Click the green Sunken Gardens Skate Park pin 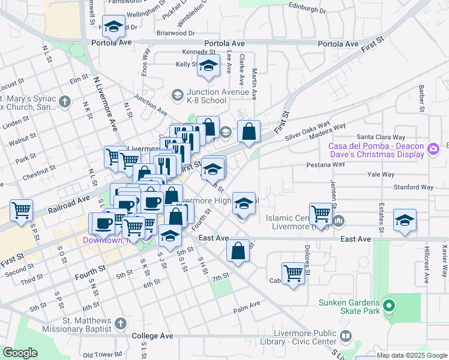pyautogui.click(x=388, y=307)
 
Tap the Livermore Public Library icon pyautogui.click(x=345, y=336)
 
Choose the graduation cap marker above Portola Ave pyautogui.click(x=113, y=26)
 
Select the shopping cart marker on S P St pyautogui.click(x=22, y=211)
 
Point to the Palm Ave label pyautogui.click(x=247, y=305)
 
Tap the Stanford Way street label pyautogui.click(x=414, y=187)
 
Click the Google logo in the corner pyautogui.click(x=20, y=353)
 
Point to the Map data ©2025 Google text pyautogui.click(x=412, y=355)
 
